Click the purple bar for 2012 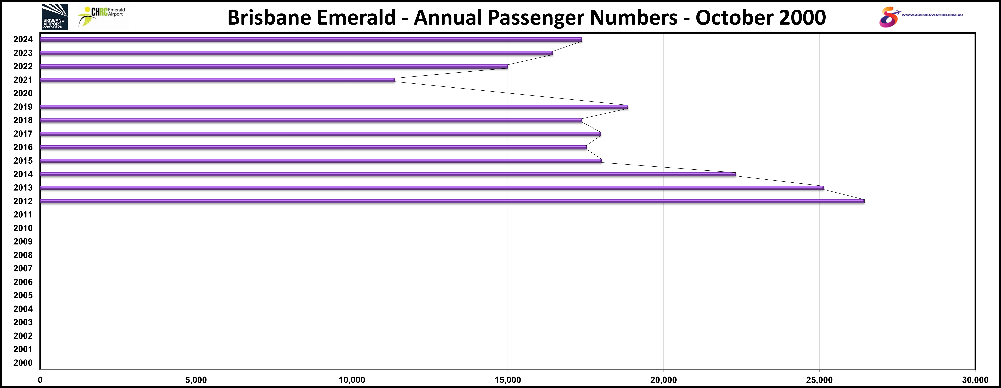click(x=451, y=201)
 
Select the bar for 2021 click(x=218, y=80)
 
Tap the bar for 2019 click(x=334, y=107)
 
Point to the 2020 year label click(x=23, y=93)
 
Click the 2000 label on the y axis click(x=23, y=363)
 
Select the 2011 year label click(x=23, y=214)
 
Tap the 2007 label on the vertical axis click(x=23, y=268)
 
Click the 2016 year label click(x=23, y=147)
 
